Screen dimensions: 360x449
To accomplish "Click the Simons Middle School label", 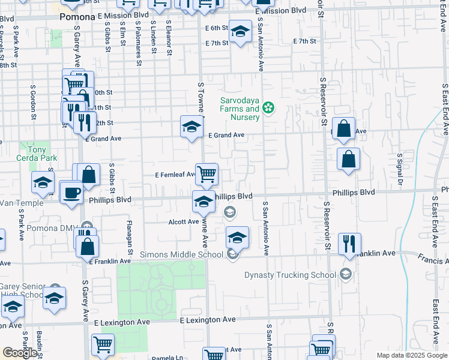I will pos(181,254).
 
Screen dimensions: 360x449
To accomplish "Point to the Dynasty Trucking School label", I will pos(291,275).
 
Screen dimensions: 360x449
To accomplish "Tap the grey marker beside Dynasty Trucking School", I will pos(345,274).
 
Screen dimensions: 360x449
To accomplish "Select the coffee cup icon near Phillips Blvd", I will pos(71,193).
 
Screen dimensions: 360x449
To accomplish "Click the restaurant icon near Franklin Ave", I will pos(349,244).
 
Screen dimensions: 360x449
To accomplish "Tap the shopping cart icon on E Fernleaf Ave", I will pos(206,174).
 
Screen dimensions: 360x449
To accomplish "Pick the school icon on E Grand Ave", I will pos(191,127).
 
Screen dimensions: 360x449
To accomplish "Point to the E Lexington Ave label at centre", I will pos(208,320).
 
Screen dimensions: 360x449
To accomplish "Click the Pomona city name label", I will pos(77,17).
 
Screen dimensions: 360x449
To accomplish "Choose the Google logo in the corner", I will pos(20,353).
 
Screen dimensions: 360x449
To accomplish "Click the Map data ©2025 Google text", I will pos(412,355).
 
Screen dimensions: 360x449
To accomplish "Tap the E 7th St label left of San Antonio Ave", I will pos(217,43).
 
